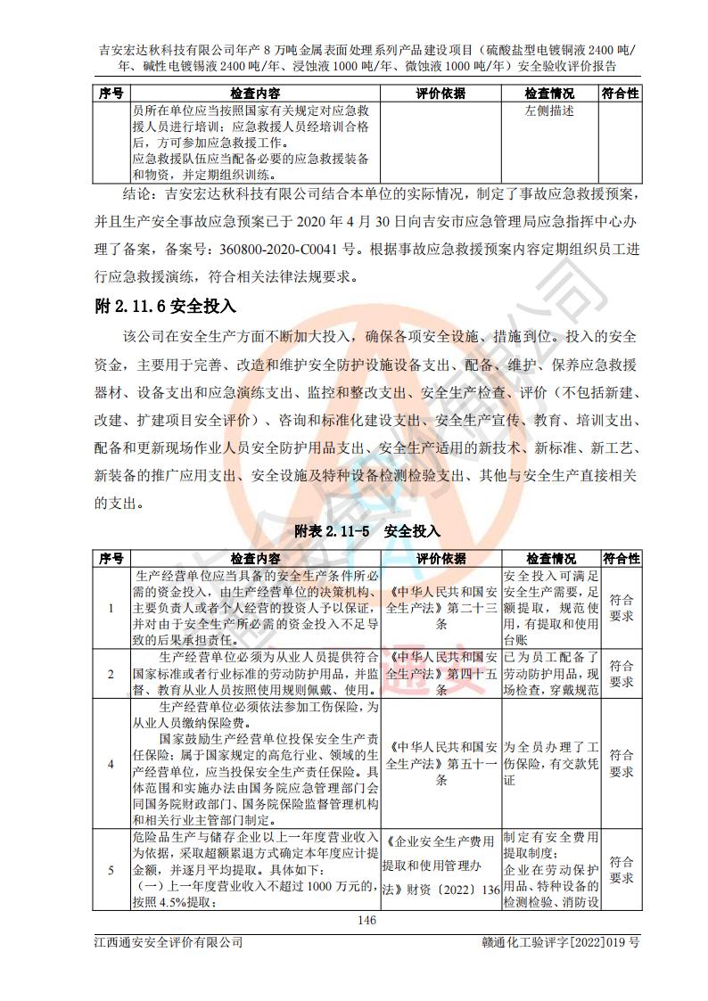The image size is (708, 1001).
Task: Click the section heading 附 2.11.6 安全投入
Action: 165,307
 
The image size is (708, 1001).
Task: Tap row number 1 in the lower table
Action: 111,608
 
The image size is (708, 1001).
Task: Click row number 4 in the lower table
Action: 111,763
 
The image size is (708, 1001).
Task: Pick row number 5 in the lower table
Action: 111,870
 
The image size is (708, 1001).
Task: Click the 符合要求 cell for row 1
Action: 622,608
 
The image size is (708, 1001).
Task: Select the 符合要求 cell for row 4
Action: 622,763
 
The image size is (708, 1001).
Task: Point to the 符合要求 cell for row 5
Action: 622,870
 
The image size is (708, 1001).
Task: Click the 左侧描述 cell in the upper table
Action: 549,111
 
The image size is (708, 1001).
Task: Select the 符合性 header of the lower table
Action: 622,558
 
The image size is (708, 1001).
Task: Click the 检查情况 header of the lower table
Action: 549,558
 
